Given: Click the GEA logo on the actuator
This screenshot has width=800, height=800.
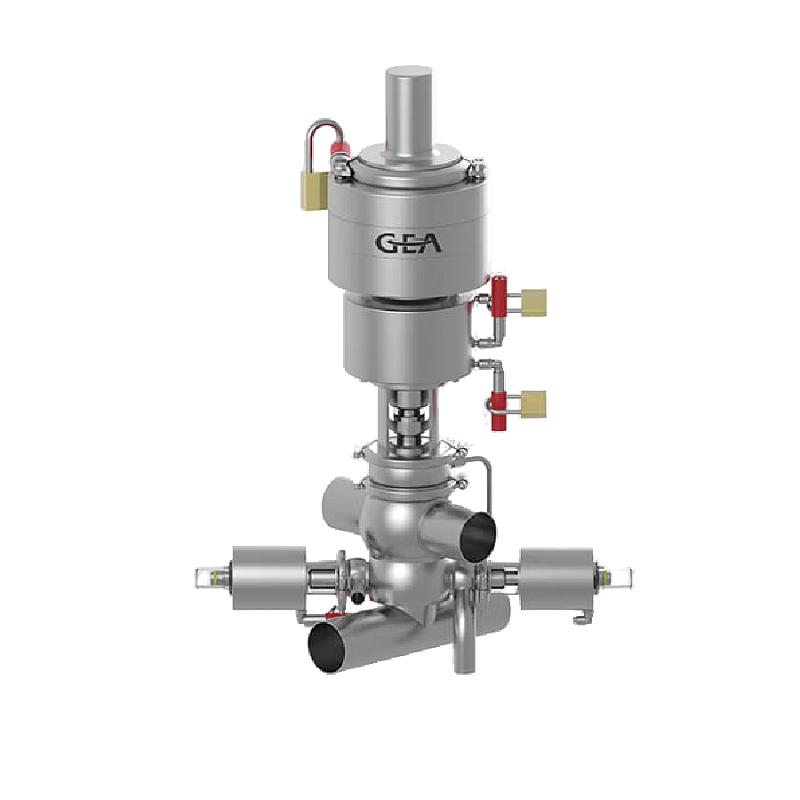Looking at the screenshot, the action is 408,243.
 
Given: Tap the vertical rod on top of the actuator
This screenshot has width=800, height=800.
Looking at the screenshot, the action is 409,110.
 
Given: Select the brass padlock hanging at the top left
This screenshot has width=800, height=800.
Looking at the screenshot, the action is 314,190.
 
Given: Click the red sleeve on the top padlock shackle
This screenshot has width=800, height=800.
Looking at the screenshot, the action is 339,148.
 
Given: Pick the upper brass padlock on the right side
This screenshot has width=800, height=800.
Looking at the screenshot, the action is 534,303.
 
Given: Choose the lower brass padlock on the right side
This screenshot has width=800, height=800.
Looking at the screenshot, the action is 534,404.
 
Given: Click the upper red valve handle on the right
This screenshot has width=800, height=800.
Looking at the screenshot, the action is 499,297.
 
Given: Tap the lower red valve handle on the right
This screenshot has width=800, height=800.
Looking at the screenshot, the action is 498,411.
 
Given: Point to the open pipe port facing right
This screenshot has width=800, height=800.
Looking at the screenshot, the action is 478,537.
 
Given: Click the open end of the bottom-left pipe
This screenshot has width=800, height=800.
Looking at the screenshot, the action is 326,647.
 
